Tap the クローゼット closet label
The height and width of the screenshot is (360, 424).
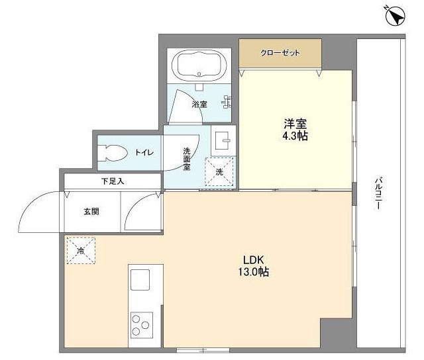tap(280, 52)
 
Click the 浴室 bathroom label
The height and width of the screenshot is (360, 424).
tap(199, 104)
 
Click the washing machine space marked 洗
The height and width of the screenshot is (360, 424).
tap(219, 172)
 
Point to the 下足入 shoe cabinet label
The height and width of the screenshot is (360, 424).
tap(112, 181)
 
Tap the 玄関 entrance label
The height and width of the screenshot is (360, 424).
tap(91, 212)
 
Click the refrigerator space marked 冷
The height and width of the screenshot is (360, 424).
tap(81, 250)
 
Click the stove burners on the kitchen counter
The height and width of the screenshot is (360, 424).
tap(140, 324)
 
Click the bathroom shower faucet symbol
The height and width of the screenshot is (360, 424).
tap(227, 103)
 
